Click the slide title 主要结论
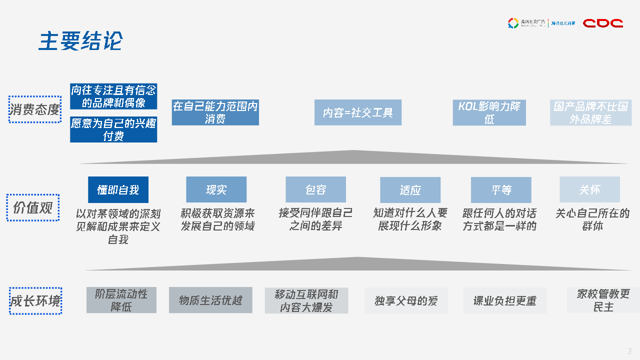(80, 41)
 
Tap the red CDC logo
(603, 23)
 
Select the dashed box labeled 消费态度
(35, 109)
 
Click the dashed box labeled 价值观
(33, 207)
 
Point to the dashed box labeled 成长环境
(35, 301)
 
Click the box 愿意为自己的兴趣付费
(113, 129)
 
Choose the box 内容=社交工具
(357, 112)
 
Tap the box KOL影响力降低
(489, 112)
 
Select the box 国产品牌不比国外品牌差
(590, 112)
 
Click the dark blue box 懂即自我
(118, 190)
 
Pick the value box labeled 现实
(216, 190)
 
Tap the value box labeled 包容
(315, 190)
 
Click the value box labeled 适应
(410, 190)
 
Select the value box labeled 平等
(501, 190)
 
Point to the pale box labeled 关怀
(589, 190)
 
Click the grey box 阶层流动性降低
(121, 300)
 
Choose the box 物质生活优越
(210, 300)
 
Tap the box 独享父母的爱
(406, 300)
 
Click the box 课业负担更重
(504, 300)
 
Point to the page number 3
(629, 350)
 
